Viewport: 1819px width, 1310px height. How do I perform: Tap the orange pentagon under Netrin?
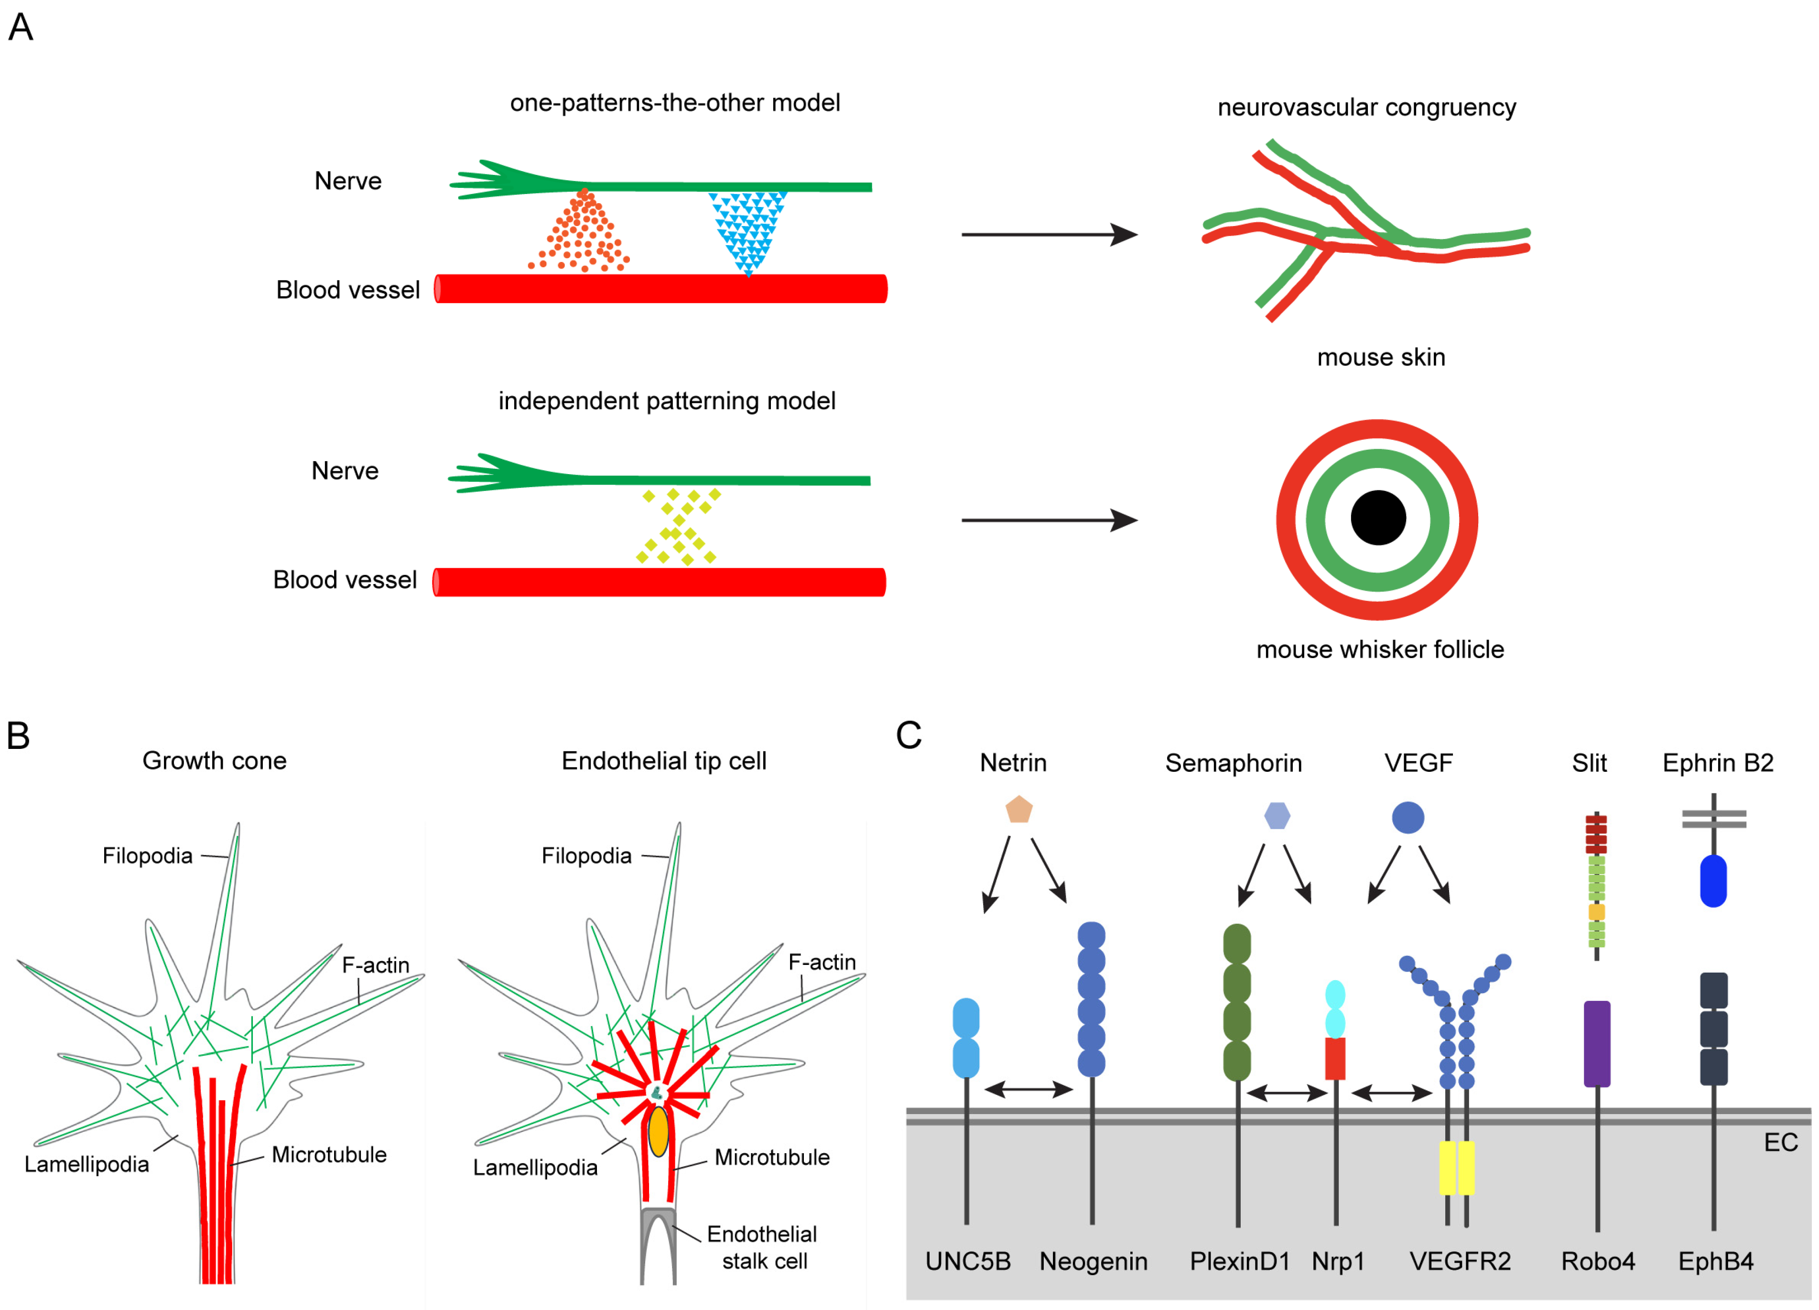[1018, 810]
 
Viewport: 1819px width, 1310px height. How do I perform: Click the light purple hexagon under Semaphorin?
[1277, 816]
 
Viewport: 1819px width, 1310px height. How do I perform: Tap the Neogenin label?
[1093, 1261]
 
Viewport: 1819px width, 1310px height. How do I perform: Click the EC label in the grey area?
[1780, 1142]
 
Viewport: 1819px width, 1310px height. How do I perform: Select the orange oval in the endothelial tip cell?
[658, 1131]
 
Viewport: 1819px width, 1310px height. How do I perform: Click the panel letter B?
[19, 735]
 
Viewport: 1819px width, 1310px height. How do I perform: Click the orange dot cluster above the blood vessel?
[581, 234]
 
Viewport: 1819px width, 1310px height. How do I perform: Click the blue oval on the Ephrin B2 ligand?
[1712, 881]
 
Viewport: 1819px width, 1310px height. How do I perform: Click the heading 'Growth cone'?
[214, 760]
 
